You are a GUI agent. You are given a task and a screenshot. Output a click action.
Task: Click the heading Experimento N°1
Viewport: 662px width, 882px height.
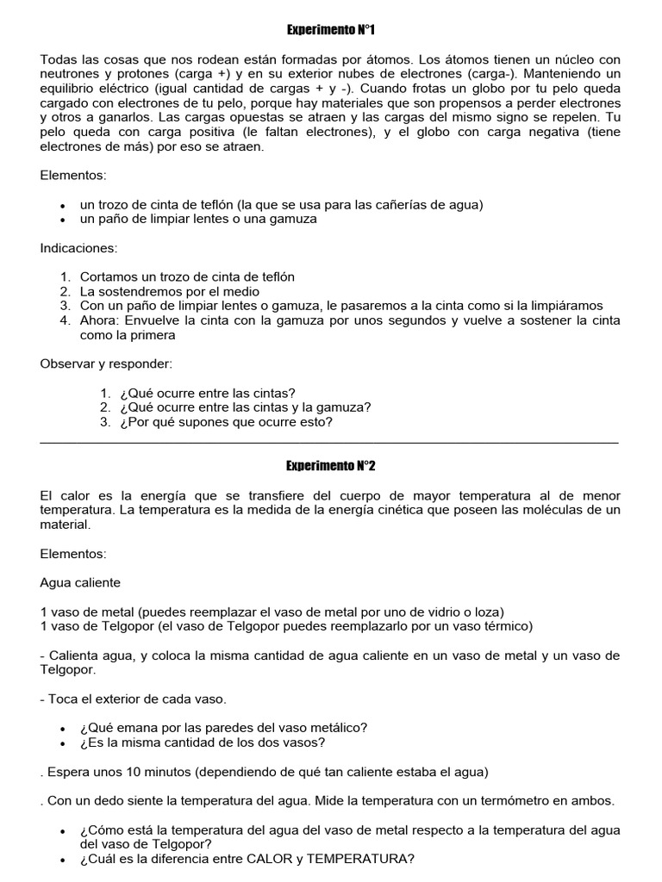[x=331, y=30]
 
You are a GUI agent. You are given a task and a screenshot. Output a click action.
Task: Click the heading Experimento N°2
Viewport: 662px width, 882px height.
[x=331, y=466]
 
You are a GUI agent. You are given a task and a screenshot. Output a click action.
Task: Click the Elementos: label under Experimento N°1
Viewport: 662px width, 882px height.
[x=73, y=176]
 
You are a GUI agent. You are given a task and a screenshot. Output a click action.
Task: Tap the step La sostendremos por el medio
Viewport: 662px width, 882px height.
[x=170, y=292]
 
